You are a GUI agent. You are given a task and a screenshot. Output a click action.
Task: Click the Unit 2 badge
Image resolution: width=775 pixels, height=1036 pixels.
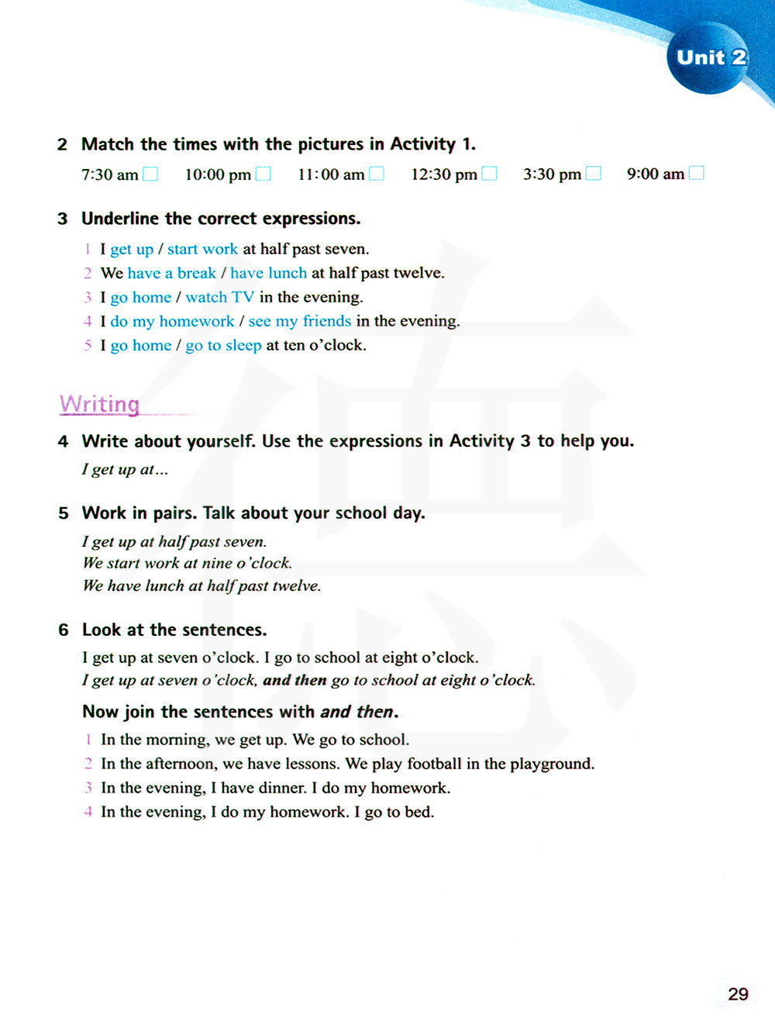tap(710, 58)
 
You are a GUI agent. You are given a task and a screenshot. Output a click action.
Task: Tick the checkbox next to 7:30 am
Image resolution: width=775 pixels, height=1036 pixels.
tap(150, 174)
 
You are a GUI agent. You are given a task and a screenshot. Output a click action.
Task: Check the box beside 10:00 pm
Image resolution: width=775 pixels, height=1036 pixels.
tap(263, 174)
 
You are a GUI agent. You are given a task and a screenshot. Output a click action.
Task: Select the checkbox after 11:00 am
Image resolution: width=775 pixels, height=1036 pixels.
tap(377, 174)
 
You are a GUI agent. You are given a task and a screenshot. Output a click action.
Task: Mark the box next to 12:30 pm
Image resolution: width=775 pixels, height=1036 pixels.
tap(490, 174)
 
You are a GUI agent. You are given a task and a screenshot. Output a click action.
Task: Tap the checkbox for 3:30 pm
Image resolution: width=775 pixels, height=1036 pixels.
tap(594, 174)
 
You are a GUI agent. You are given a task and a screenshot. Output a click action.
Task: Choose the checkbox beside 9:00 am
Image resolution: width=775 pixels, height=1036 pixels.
tap(697, 173)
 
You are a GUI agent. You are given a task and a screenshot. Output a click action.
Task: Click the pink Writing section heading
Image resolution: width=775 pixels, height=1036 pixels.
tap(99, 404)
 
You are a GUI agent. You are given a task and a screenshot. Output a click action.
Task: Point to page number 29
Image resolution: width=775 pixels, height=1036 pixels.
tap(738, 994)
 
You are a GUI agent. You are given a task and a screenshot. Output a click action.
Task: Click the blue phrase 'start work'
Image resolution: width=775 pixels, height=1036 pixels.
tap(202, 249)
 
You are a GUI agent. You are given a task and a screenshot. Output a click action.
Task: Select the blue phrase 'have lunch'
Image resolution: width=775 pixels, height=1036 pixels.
tap(268, 273)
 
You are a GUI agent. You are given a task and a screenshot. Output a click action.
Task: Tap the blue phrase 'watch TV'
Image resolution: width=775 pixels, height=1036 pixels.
tap(219, 297)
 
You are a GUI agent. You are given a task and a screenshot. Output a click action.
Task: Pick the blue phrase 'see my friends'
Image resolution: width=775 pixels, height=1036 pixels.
tap(299, 321)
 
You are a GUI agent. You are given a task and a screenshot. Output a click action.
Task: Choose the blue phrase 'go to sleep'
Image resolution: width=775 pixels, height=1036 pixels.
tap(223, 345)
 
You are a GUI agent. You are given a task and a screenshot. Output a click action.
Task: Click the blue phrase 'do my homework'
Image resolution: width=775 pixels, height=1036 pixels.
tap(172, 321)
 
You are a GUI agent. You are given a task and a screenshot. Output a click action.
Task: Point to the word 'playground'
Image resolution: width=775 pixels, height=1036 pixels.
tap(553, 764)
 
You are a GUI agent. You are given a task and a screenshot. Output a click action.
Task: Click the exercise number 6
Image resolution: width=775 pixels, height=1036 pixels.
tap(64, 630)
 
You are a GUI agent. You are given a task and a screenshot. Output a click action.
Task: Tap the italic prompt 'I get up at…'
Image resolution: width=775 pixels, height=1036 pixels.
tap(125, 469)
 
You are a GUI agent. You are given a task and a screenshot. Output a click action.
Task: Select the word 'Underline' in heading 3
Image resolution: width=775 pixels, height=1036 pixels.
tap(120, 219)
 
